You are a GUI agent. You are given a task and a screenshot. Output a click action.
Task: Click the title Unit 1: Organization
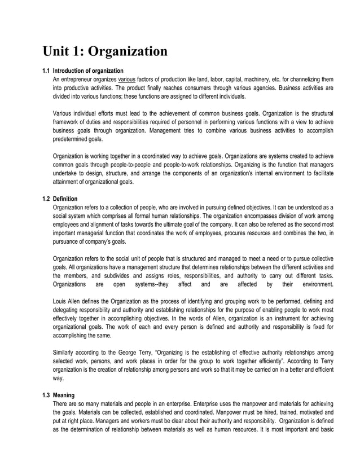(105, 51)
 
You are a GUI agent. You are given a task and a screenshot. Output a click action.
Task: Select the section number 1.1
(46, 71)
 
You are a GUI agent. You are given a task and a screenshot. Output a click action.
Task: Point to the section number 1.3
(46, 394)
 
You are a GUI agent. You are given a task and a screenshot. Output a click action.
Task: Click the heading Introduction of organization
(88, 71)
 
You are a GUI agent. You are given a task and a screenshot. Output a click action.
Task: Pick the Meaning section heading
(63, 394)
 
